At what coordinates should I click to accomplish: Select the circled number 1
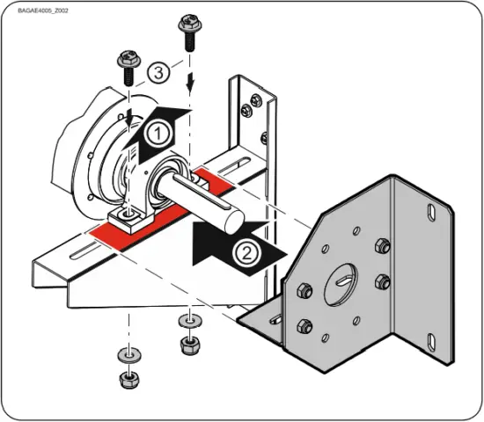[x=156, y=135]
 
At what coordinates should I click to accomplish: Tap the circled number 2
[x=246, y=255]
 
